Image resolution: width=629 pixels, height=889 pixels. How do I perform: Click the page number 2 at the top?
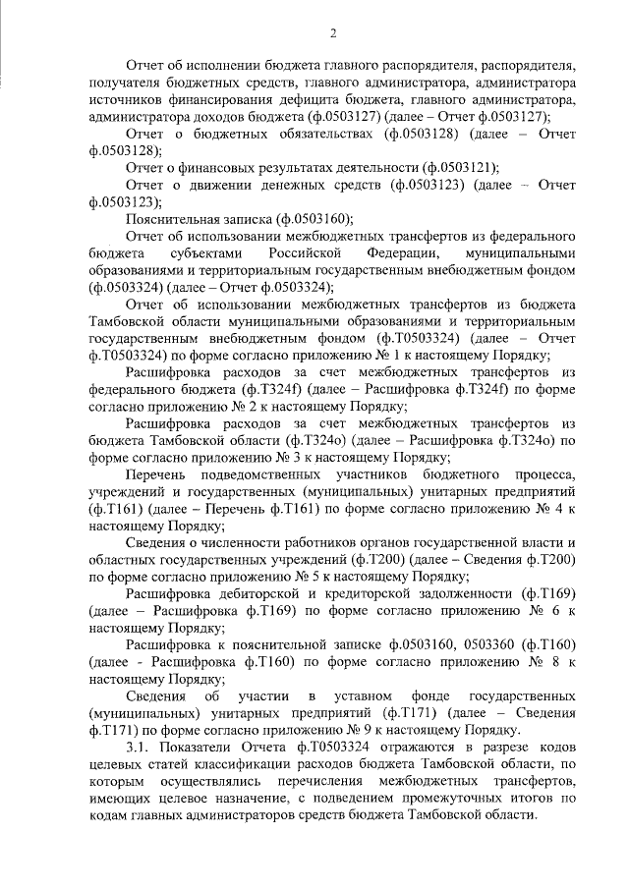(x=333, y=35)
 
